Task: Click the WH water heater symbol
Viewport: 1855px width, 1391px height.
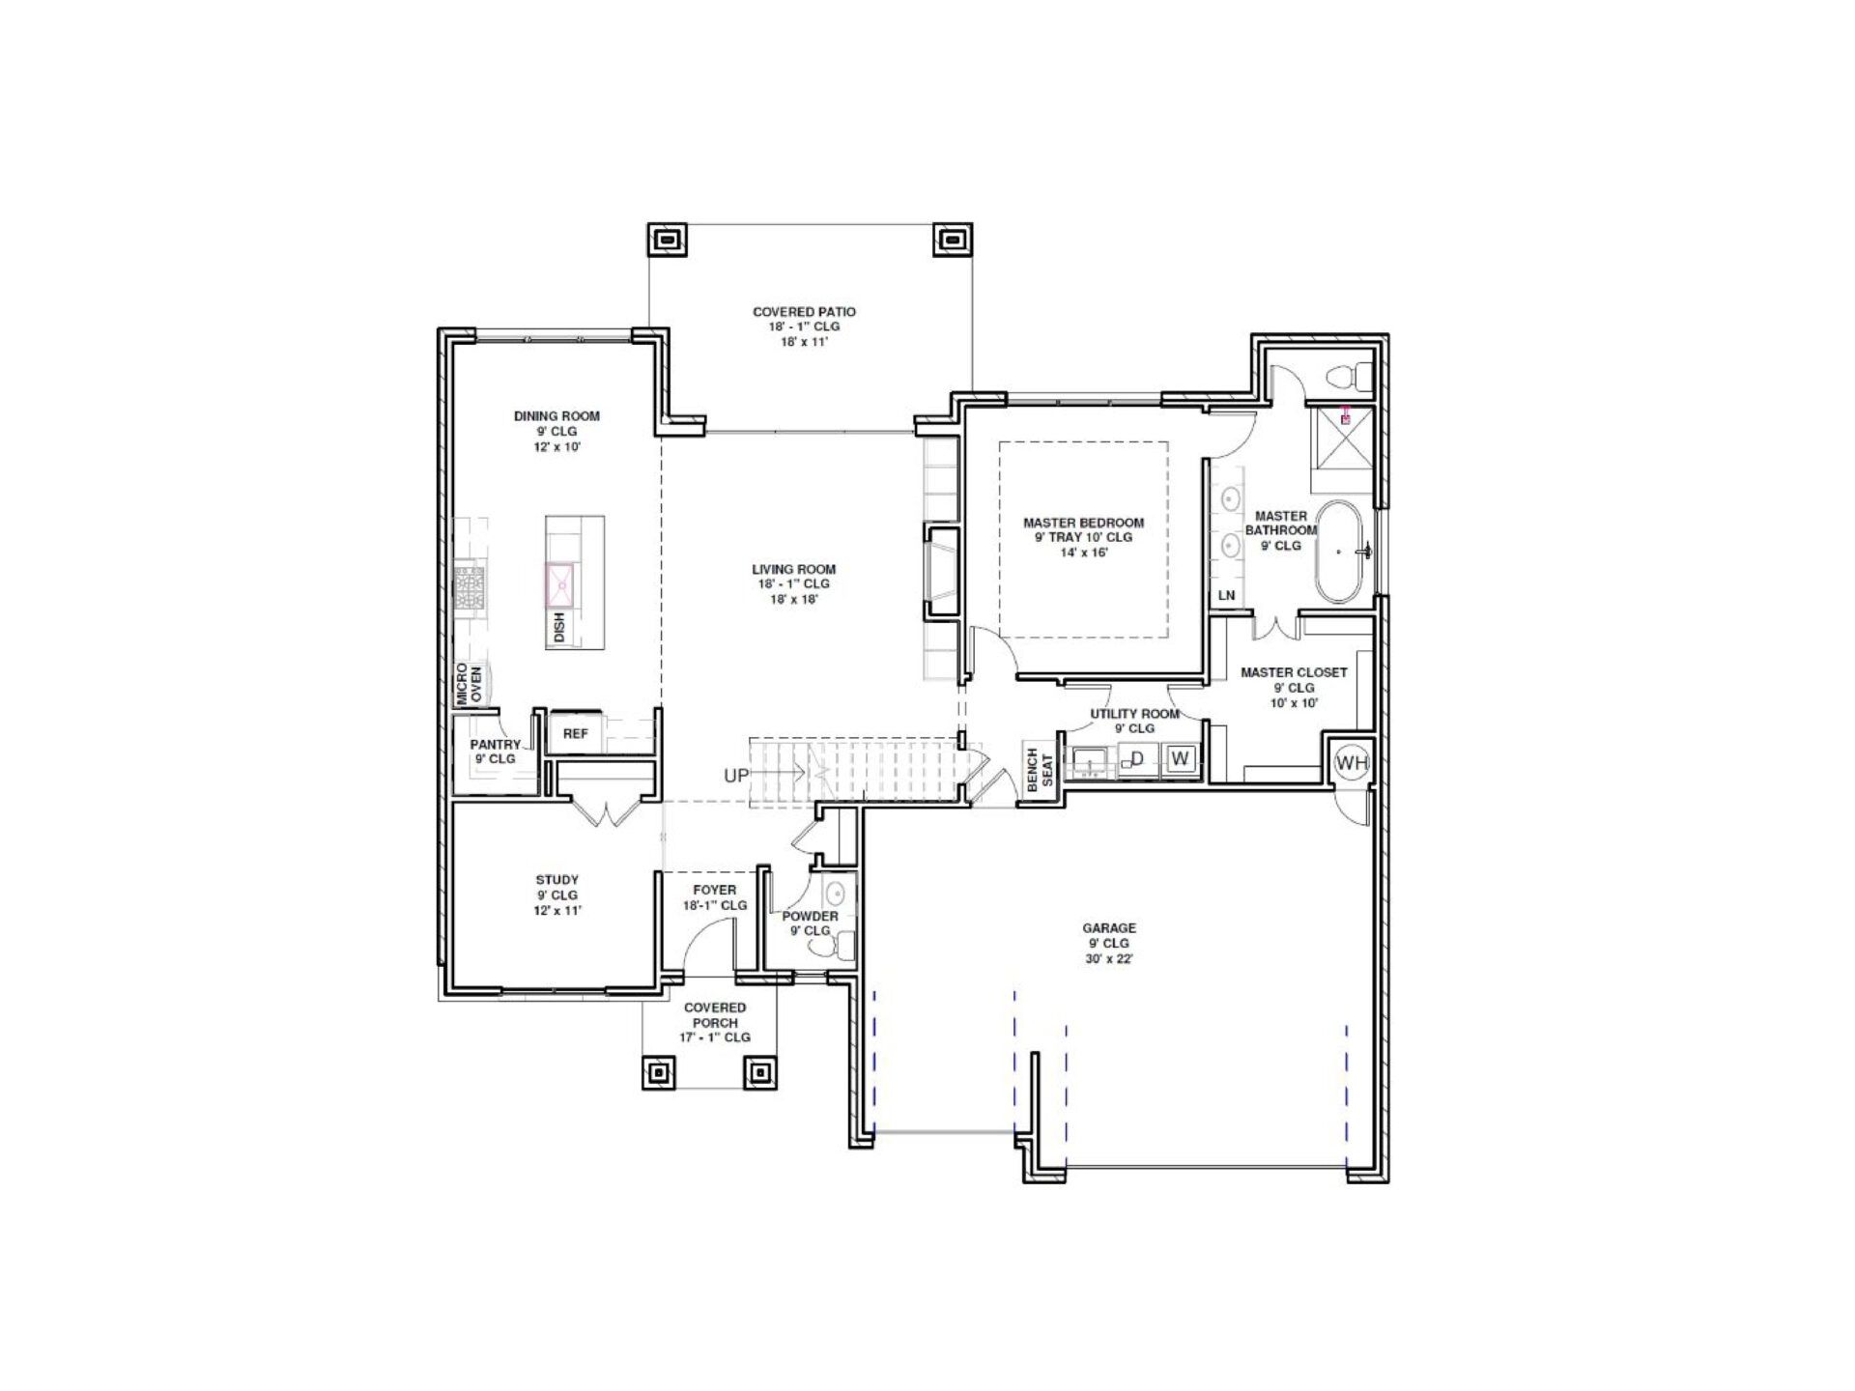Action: [x=1351, y=763]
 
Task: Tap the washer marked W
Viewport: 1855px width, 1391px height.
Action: [x=1180, y=759]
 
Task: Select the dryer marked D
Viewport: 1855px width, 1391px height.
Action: [x=1137, y=759]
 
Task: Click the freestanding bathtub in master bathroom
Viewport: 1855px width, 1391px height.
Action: [x=1338, y=552]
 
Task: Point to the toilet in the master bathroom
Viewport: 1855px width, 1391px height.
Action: [x=1349, y=373]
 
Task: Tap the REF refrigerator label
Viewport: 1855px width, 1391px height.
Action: [x=575, y=734]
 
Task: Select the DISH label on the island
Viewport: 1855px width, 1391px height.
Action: [x=558, y=629]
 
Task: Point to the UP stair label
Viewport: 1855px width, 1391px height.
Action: [x=737, y=775]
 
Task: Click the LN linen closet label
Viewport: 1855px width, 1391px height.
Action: [x=1226, y=596]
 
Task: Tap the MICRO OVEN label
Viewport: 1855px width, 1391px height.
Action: [x=470, y=683]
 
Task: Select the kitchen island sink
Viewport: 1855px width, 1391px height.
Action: [x=559, y=584]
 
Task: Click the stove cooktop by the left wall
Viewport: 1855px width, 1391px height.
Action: [x=471, y=587]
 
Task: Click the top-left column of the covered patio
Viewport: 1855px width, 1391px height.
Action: [x=667, y=239]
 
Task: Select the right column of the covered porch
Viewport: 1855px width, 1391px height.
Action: [x=758, y=1071]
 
